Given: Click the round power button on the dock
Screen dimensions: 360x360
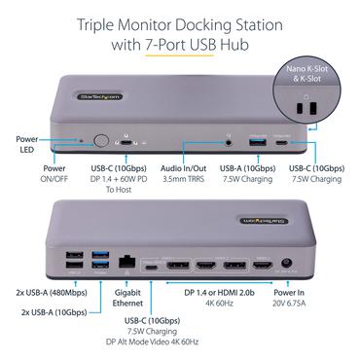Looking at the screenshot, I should coord(101,140).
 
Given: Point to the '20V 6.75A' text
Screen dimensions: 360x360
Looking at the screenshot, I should coord(293,303).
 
